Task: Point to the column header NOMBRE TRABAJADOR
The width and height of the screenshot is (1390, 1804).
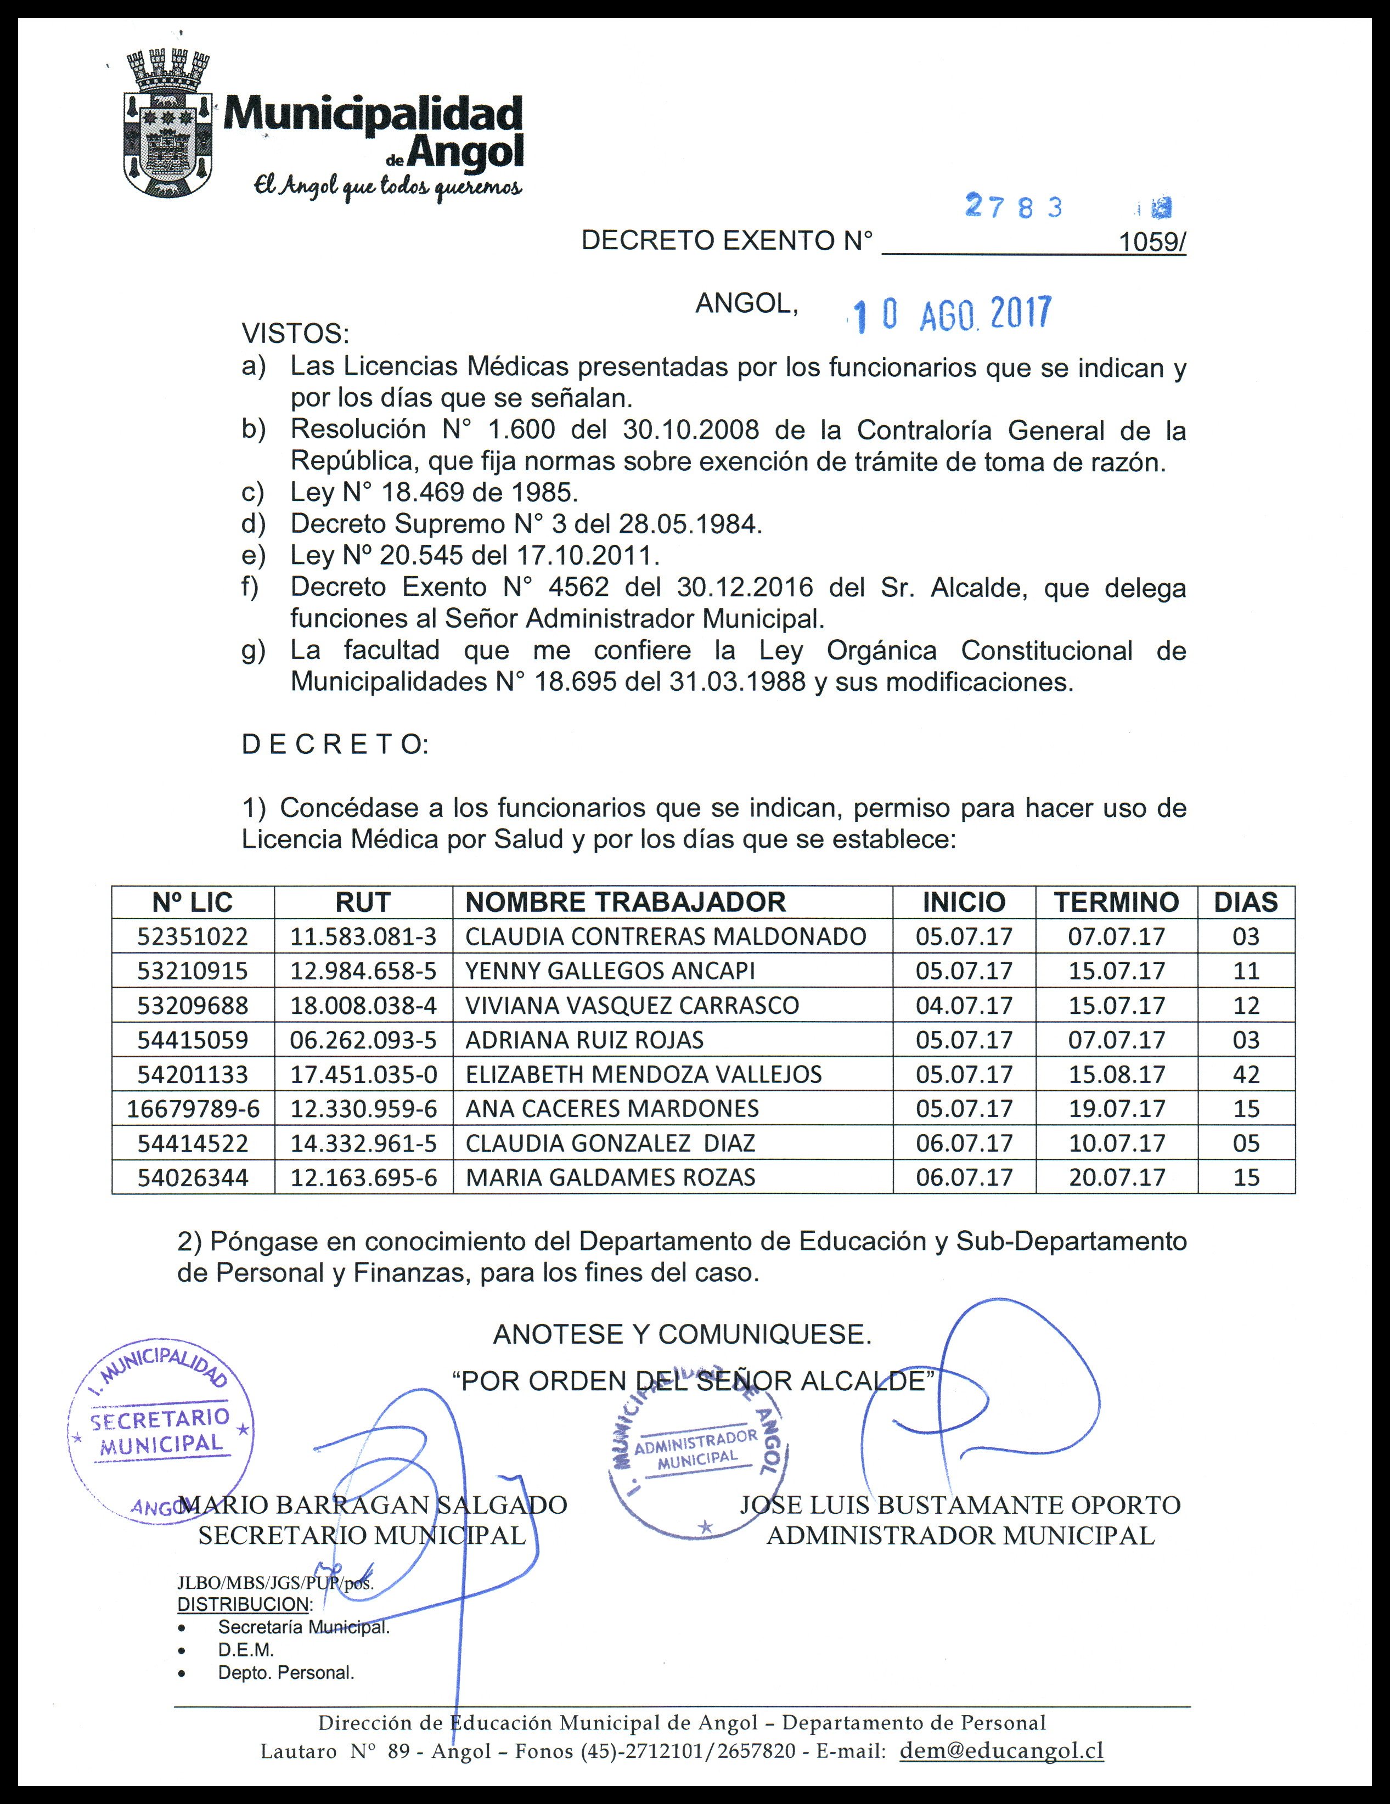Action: (625, 902)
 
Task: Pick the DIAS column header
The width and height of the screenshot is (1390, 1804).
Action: (1246, 902)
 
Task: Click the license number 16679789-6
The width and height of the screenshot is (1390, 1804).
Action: (193, 1108)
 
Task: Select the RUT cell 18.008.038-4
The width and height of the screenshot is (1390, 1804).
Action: (363, 1005)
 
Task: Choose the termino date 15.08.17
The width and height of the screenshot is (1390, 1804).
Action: (1117, 1075)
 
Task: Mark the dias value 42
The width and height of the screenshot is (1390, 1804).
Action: (1246, 1075)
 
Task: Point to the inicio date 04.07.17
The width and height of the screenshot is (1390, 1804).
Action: (964, 1005)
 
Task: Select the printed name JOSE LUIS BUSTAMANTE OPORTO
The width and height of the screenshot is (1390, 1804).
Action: (960, 1504)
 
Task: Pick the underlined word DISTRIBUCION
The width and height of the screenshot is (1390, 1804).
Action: (244, 1604)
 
